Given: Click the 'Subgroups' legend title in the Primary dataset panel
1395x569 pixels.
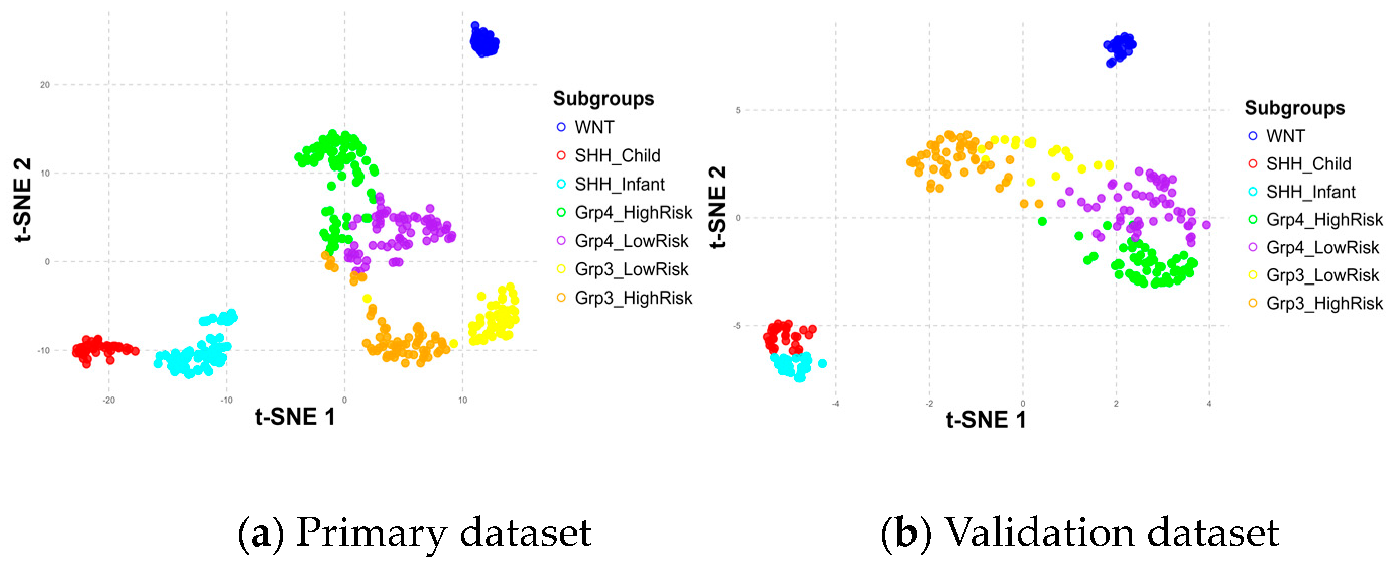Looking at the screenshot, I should pyautogui.click(x=603, y=99).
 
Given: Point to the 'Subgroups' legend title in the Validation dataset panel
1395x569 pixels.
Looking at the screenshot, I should pyautogui.click(x=1294, y=108).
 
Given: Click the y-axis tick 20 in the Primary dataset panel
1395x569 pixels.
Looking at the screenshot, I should pyautogui.click(x=44, y=85).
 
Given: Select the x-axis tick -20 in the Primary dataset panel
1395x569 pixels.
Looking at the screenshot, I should pyautogui.click(x=109, y=401).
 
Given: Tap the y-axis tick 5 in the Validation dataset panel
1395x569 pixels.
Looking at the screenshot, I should pyautogui.click(x=737, y=110).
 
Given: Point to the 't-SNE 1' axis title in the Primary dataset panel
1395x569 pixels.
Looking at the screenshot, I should pyautogui.click(x=295, y=417).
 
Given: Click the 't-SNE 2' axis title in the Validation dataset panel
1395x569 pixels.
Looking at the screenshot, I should pyautogui.click(x=717, y=207).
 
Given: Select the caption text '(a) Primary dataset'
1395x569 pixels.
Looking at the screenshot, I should pyautogui.click(x=414, y=533).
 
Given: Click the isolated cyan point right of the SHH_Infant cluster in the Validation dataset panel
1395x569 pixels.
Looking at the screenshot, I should pyautogui.click(x=822, y=364).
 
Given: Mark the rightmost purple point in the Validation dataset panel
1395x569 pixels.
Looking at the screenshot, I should pyautogui.click(x=1206, y=225).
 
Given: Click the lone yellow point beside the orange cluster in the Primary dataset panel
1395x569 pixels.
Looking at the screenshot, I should pyautogui.click(x=453, y=344).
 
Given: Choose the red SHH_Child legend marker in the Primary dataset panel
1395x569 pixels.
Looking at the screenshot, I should pyautogui.click(x=561, y=156).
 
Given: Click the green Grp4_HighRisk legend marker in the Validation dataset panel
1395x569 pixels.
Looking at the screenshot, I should pyautogui.click(x=1252, y=219).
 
